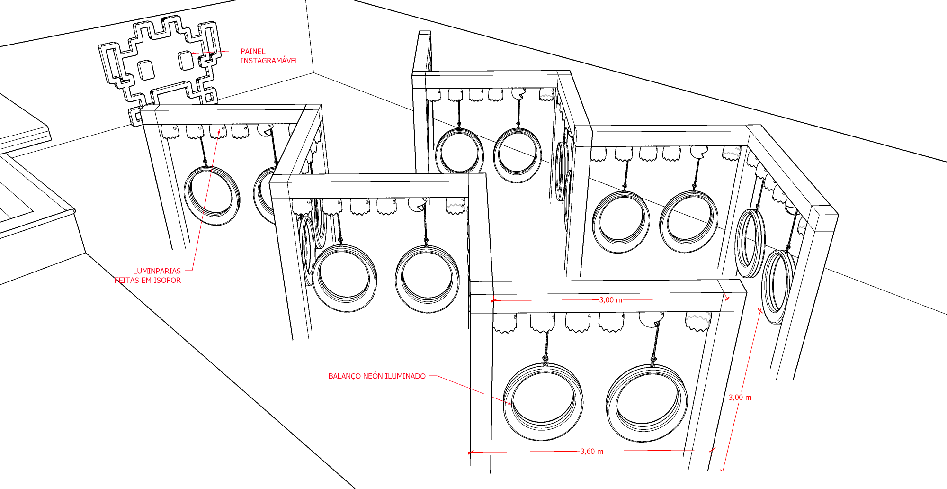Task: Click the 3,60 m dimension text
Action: [592, 452]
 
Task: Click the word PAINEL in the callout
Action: [253, 51]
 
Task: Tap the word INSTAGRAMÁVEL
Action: [269, 61]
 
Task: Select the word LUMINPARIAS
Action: [157, 271]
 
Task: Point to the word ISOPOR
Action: [168, 281]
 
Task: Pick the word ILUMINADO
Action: [405, 376]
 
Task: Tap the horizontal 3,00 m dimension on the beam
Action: [611, 300]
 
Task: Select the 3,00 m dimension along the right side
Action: [740, 398]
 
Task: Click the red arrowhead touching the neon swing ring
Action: [509, 403]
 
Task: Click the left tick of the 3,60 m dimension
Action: [470, 453]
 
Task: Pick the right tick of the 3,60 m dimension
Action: [713, 450]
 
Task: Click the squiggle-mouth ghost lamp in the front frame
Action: [698, 321]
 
